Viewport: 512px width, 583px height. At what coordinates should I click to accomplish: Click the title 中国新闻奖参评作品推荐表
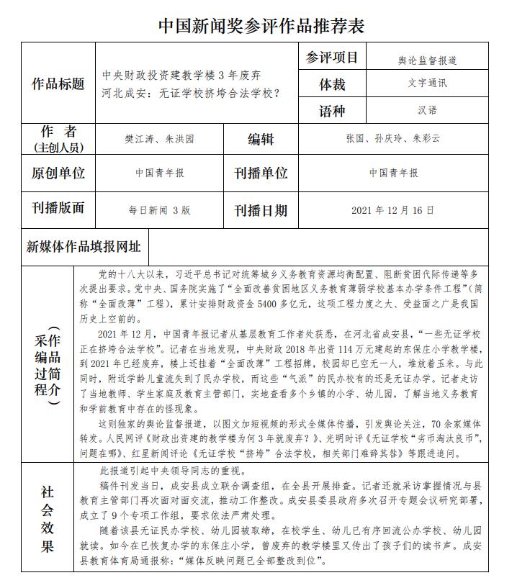261,27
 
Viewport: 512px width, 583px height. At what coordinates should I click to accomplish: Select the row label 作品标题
58,84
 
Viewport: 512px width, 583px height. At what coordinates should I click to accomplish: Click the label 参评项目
332,58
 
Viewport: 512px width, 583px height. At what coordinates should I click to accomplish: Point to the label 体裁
332,85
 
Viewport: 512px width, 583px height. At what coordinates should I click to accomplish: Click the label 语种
332,111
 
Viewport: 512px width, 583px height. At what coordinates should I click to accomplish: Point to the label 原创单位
58,173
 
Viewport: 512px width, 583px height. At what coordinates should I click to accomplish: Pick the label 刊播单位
261,173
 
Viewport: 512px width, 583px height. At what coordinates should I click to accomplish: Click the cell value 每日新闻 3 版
160,211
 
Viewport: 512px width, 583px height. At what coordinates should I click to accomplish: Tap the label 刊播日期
261,211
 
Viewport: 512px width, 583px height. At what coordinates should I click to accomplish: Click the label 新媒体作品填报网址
84,247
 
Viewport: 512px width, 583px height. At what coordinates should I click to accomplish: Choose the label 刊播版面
58,208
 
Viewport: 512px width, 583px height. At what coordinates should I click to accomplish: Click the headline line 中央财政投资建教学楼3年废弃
181,75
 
